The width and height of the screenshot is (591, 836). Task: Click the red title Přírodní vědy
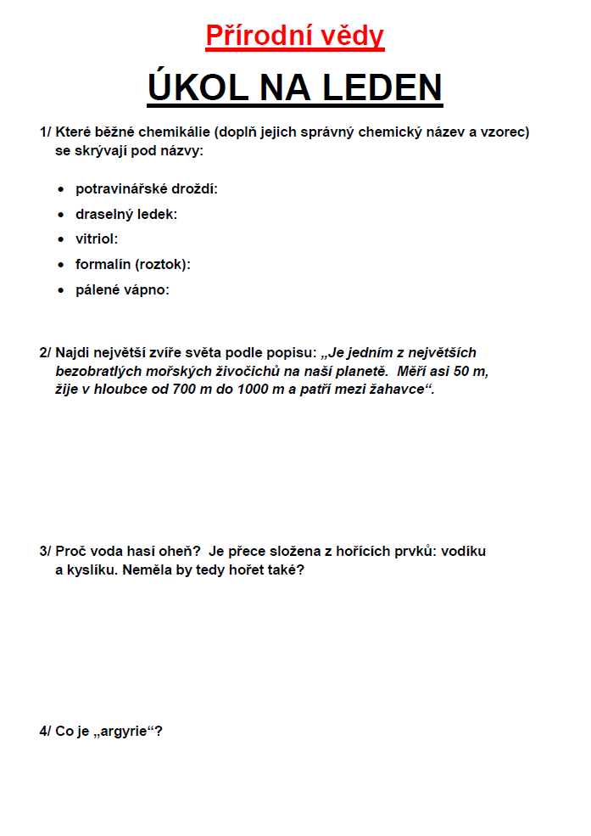pos(294,36)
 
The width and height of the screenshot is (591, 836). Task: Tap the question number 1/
pos(45,132)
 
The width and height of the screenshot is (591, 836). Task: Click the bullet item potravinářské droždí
pos(146,188)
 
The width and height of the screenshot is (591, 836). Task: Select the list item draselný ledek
pos(125,214)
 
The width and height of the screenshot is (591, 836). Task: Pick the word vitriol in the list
pos(96,239)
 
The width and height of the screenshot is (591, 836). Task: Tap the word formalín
pos(102,265)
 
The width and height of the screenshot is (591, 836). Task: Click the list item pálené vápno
pos(122,290)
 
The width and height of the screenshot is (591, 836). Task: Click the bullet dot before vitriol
pos(60,240)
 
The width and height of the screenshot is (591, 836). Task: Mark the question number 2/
pos(45,352)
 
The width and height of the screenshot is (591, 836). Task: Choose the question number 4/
pos(45,731)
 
